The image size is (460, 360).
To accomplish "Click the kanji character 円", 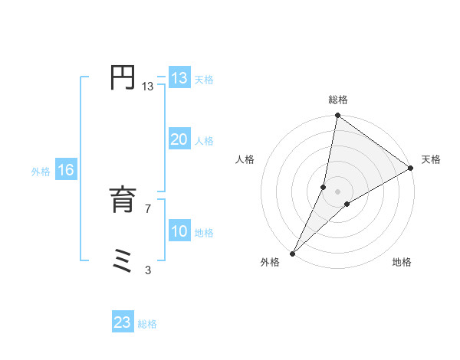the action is [123, 78].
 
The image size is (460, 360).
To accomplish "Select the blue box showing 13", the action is [179, 78].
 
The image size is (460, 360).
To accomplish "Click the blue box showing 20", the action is [179, 139].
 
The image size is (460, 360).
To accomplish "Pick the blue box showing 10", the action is [179, 231].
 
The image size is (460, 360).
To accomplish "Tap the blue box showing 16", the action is [66, 170].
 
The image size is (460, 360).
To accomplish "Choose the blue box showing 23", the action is [123, 322].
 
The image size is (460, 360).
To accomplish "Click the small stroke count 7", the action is [148, 209].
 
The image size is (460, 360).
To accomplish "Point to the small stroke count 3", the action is [148, 270].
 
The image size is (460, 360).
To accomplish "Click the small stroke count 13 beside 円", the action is [148, 87].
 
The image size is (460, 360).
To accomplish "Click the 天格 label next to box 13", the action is [204, 80].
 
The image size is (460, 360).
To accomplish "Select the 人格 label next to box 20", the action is [204, 141].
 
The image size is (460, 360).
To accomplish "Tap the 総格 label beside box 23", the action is [147, 324].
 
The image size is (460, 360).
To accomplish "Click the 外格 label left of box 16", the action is [41, 172].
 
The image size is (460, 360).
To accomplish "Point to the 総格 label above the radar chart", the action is [338, 100].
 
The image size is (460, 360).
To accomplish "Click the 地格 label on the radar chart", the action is [402, 263].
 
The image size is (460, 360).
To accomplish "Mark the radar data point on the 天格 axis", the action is [411, 168].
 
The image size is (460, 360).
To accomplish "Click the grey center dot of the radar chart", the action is [338, 191].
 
